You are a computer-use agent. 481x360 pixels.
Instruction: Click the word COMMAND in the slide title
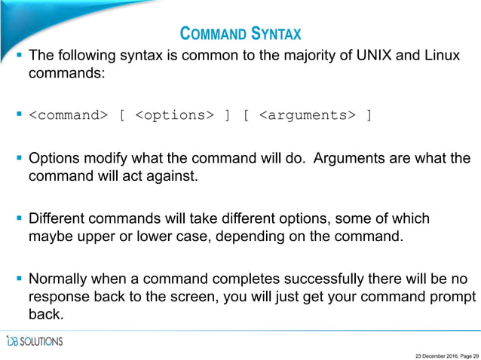pyautogui.click(x=212, y=34)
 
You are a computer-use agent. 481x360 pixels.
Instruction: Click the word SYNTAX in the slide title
pyautogui.click(x=276, y=34)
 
